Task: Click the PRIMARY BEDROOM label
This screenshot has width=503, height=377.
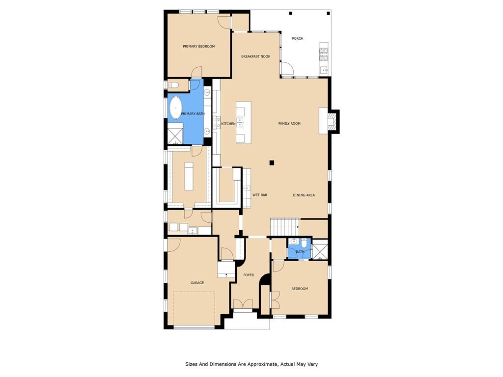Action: pos(198,47)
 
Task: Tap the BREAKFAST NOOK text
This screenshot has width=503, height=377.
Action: pos(255,56)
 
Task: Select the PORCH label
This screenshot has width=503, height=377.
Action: pos(297,38)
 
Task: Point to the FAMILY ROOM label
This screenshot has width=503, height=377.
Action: pos(289,123)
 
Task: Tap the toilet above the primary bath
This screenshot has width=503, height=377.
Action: pos(174,85)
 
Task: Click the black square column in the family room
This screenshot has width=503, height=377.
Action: pos(272,162)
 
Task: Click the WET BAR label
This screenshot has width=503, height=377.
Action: pos(259,195)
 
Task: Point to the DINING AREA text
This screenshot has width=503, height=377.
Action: pos(304,195)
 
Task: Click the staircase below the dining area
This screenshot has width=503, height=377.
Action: pos(284,227)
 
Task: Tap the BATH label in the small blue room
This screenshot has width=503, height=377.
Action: pos(300,252)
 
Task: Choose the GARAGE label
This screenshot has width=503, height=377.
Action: pos(197,283)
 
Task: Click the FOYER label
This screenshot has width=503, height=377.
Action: pos(248,275)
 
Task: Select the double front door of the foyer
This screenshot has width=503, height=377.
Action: pos(243,303)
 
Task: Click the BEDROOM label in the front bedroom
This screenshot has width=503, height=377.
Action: pos(299,289)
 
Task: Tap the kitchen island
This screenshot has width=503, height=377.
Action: pos(244,122)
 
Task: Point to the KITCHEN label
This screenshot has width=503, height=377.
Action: pos(228,124)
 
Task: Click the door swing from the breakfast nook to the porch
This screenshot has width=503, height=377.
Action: pos(287,68)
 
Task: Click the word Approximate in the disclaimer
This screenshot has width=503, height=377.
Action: pos(265,364)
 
